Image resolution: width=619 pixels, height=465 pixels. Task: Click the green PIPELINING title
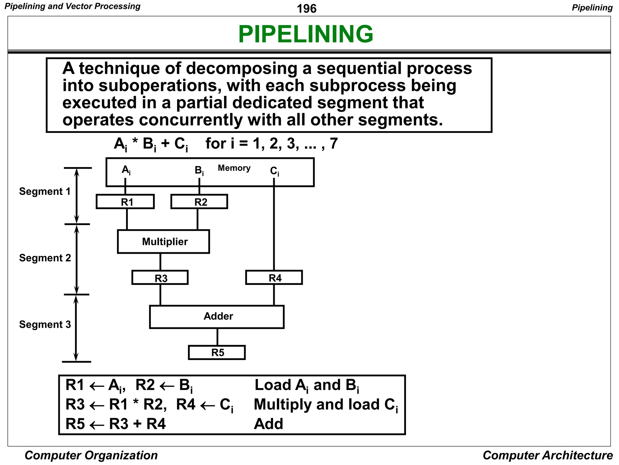306,34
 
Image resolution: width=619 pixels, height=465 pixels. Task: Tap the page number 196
306,8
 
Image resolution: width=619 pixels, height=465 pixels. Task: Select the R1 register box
125,202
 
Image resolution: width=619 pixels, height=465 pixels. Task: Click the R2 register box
199,202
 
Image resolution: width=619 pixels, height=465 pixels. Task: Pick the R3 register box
160,278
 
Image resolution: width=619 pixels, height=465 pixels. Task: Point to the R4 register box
274,278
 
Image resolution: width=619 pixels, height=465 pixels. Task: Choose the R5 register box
217,352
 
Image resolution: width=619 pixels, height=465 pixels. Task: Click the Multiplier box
164,242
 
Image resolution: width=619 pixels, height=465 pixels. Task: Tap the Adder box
217,316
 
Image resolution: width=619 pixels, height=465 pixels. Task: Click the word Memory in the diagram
234,168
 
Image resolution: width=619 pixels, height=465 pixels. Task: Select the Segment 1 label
45,191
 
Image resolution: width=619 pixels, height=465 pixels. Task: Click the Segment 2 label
45,258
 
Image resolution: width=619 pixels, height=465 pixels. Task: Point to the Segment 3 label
45,325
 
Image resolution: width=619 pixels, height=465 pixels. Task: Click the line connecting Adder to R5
217,337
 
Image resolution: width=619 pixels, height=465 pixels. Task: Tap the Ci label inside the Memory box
274,171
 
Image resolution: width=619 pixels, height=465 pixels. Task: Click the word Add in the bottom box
268,424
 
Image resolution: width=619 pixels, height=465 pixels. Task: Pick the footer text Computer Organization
91,455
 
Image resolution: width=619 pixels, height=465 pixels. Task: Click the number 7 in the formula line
334,143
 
